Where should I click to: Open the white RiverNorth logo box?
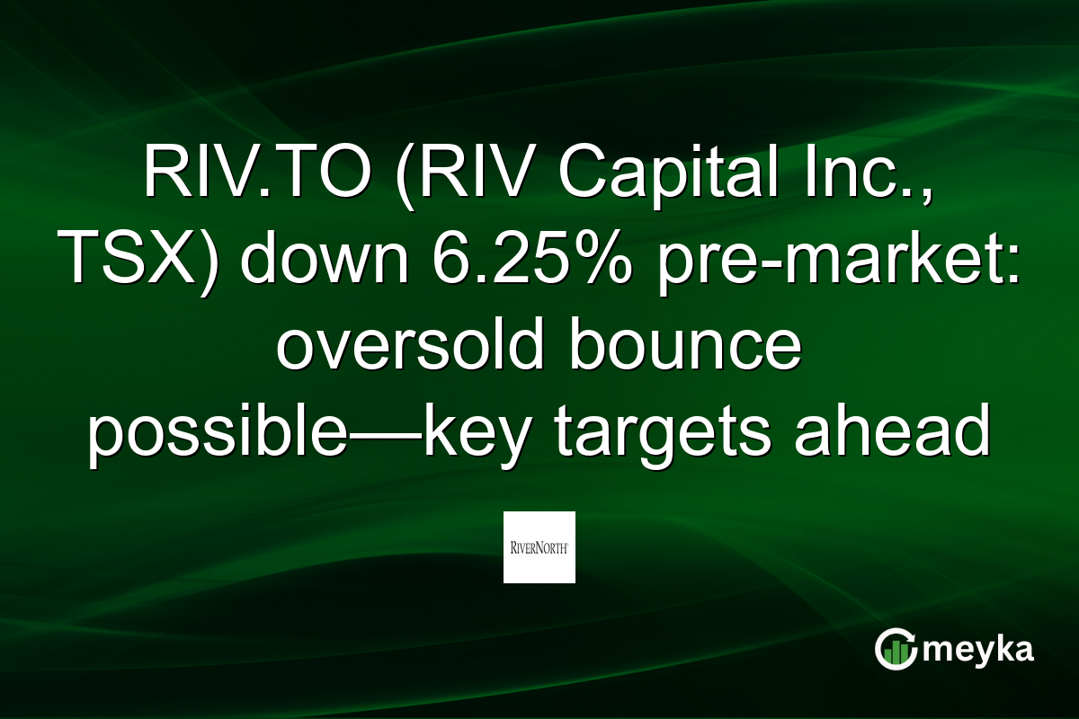click(539, 546)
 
